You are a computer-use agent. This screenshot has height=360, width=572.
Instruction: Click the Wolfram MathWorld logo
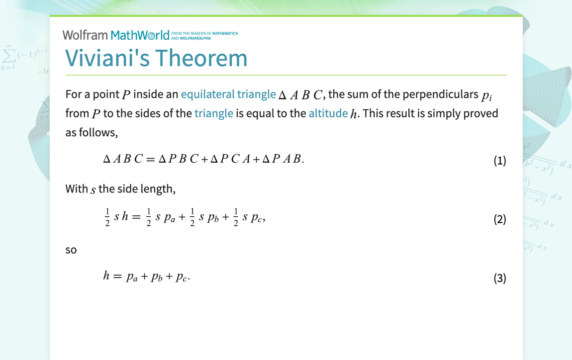[x=116, y=35]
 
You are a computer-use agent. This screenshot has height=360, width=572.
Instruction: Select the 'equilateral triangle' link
[x=228, y=94]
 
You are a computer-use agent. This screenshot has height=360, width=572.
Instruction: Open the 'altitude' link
[x=328, y=113]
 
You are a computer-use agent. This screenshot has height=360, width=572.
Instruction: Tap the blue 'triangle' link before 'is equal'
[x=213, y=113]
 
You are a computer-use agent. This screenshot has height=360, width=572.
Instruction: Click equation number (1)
[x=499, y=161]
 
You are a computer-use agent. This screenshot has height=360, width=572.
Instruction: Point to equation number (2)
[x=499, y=219]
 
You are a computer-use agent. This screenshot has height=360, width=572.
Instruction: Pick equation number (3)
[x=499, y=278]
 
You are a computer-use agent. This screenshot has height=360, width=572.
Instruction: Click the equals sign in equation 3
[x=117, y=276]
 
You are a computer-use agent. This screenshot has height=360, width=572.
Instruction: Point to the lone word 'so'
[x=71, y=250]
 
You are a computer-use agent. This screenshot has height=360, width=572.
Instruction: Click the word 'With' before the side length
[x=76, y=189]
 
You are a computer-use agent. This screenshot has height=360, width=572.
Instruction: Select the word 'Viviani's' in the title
[x=107, y=58]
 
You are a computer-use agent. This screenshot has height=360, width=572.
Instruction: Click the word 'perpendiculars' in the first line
[x=440, y=94]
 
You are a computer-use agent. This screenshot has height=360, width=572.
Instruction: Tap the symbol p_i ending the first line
[x=486, y=95]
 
